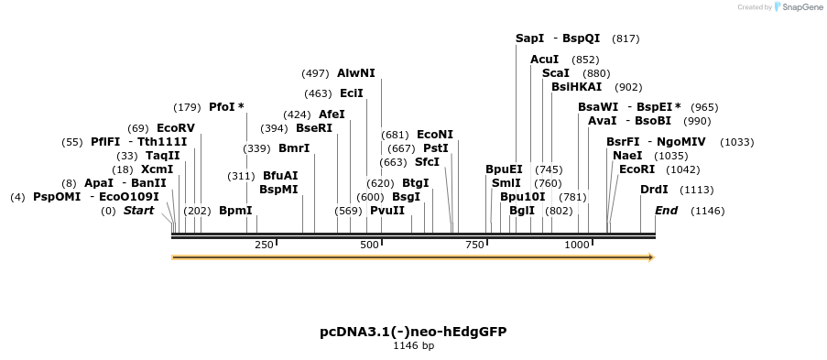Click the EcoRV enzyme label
[x=176, y=128]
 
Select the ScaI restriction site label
[x=556, y=73]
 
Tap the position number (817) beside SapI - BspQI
[x=626, y=38]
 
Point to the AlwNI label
[x=356, y=73]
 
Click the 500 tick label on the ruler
[x=369, y=245]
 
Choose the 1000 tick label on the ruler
[x=577, y=245]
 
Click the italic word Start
[x=138, y=211]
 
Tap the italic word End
[x=666, y=211]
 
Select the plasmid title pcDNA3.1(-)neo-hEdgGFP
[x=414, y=332]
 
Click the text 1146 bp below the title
[x=414, y=345]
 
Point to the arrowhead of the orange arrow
[x=652, y=257]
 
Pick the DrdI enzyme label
[x=654, y=190]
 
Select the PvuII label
[x=387, y=211]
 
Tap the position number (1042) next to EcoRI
[x=682, y=170]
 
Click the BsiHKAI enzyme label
[x=576, y=87]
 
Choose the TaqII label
[x=163, y=156]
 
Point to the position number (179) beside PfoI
[x=187, y=108]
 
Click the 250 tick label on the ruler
[x=265, y=245]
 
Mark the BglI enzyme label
[x=522, y=211]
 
